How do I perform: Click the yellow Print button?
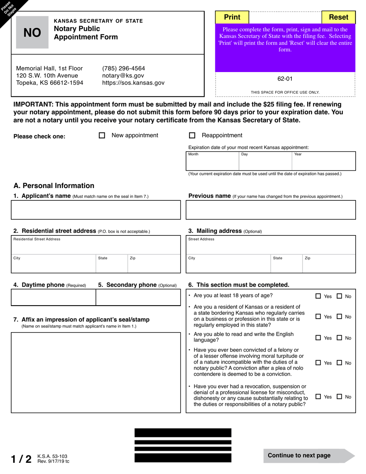coord(232,17)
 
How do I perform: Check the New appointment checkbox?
coord(102,136)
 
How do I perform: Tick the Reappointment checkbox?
coord(192,136)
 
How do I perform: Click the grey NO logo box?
coord(32,33)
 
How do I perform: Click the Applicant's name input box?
coord(96,210)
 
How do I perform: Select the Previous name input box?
coord(270,210)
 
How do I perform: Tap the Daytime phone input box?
coord(53,297)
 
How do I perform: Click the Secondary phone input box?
coord(138,297)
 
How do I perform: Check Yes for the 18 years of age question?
coord(318,296)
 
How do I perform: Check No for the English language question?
coord(339,338)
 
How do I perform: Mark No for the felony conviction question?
coord(339,363)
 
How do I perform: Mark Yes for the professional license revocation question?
coord(318,397)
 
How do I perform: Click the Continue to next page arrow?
coord(308,456)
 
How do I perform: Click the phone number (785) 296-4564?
coord(123,68)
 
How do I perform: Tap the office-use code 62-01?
coord(285,79)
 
